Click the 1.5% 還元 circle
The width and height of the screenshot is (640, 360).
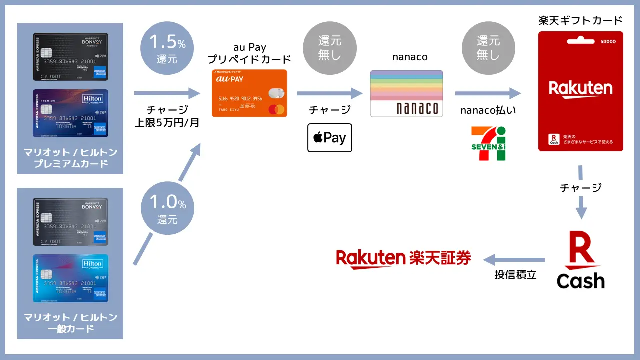(167, 48)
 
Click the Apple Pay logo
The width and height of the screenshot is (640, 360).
(330, 137)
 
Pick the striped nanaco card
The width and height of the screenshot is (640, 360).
(406, 94)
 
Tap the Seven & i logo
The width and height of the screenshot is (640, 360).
(488, 144)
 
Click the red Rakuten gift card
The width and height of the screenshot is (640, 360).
(580, 91)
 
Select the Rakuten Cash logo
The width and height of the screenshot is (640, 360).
(580, 260)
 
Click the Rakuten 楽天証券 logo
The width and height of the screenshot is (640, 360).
(403, 258)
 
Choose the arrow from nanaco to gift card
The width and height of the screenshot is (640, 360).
(487, 93)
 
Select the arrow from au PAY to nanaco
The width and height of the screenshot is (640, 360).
(329, 93)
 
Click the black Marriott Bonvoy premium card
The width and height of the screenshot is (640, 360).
(70, 57)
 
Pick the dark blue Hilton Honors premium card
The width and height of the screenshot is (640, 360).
(70, 113)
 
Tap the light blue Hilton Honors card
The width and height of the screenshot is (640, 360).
(70, 278)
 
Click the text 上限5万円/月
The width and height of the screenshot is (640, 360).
(167, 122)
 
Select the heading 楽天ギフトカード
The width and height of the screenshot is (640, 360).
(580, 20)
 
